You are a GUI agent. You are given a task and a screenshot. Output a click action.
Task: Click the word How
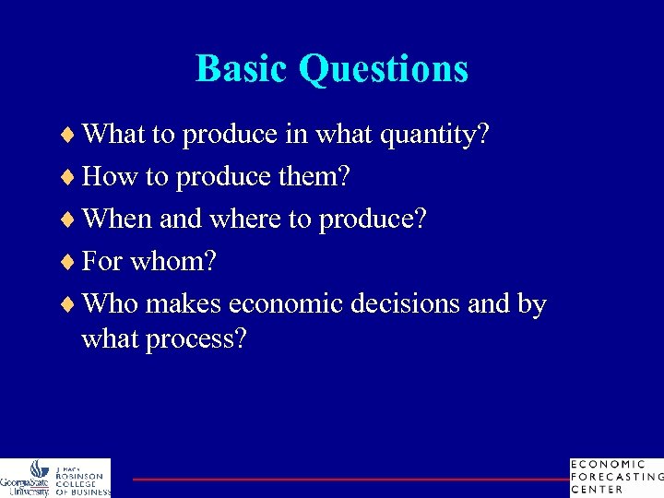[x=109, y=177]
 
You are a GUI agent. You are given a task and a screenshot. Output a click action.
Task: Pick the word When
[x=117, y=219]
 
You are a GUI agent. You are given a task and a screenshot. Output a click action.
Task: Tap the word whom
[x=174, y=262]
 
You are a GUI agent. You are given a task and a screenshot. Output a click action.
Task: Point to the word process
[x=202, y=339]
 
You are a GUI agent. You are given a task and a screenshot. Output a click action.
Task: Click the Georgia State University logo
[x=26, y=478]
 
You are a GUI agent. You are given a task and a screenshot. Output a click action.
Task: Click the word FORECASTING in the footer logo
[x=617, y=477]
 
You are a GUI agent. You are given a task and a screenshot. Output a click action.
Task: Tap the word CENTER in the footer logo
[x=597, y=490]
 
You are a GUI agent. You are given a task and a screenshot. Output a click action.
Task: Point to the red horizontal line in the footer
[x=350, y=479]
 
